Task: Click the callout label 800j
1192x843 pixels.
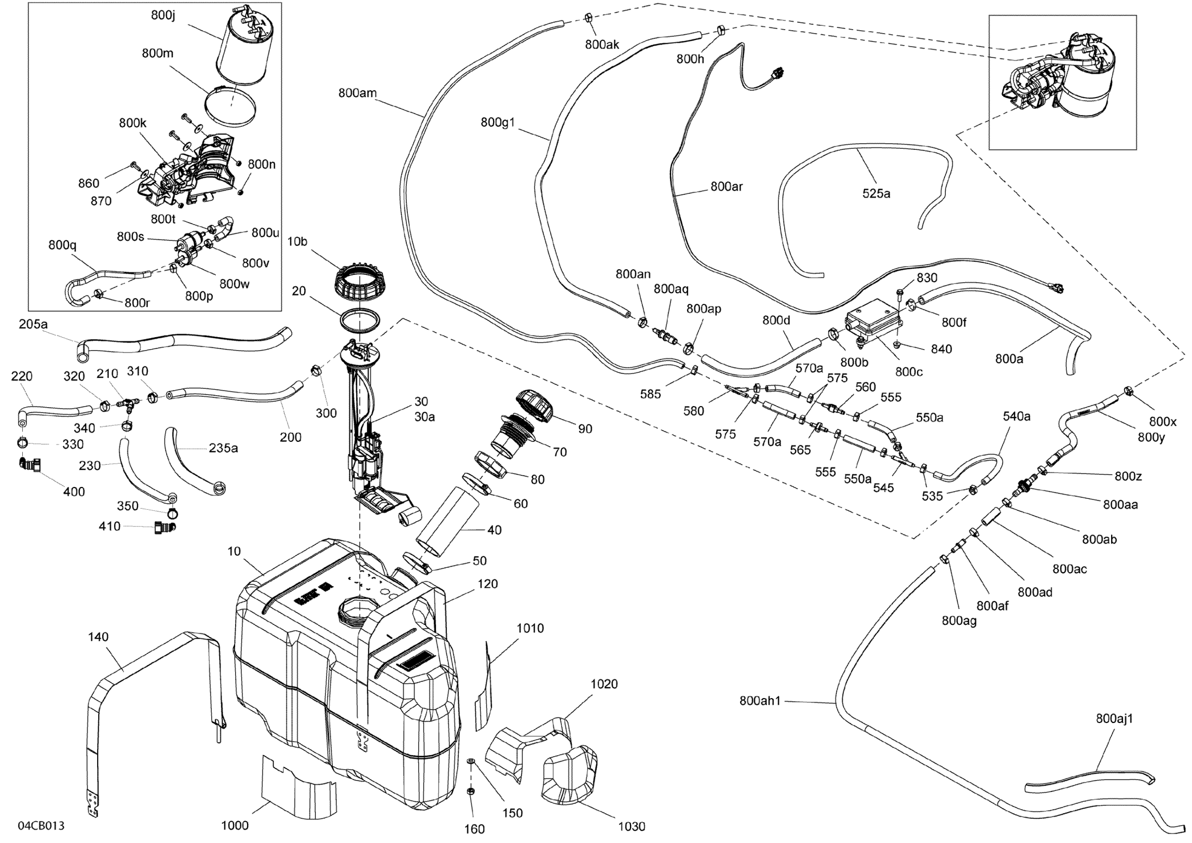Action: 163,15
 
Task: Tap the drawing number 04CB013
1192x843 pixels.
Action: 41,825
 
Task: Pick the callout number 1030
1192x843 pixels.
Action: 631,827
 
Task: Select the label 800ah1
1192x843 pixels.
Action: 759,701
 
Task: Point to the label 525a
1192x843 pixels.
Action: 876,193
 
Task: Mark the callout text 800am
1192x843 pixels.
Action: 357,93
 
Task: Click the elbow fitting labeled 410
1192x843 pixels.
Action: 165,528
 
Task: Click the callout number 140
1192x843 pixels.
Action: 98,637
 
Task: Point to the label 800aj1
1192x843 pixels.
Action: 1114,719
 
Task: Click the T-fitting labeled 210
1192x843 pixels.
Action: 128,403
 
